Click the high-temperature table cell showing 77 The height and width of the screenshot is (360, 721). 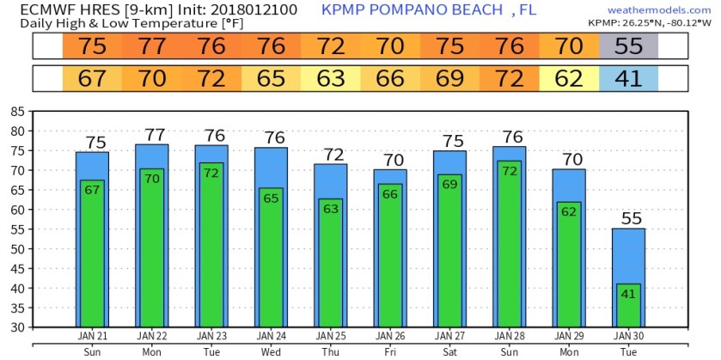click(x=151, y=46)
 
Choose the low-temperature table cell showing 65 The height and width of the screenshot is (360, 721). click(x=270, y=79)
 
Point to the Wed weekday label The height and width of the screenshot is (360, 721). click(x=270, y=351)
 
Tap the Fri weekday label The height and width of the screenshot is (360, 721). click(x=389, y=351)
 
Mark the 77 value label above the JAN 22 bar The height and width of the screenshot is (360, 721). click(x=151, y=135)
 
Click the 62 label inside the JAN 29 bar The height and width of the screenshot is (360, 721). click(x=568, y=211)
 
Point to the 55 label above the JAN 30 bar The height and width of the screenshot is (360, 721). click(x=631, y=218)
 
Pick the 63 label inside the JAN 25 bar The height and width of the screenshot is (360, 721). click(x=329, y=208)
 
